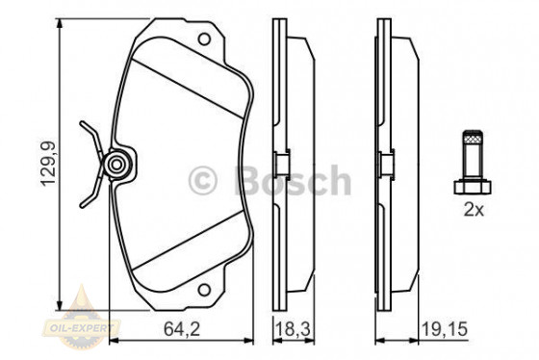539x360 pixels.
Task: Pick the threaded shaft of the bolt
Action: click(472, 152)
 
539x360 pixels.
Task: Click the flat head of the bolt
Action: click(472, 183)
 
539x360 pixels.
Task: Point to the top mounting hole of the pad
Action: click(203, 39)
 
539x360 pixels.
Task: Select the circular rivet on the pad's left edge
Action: click(117, 165)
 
